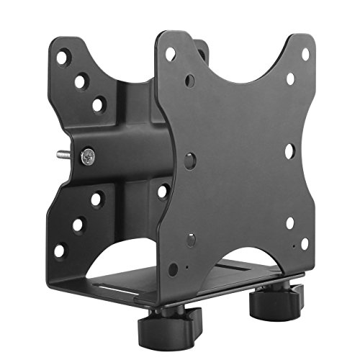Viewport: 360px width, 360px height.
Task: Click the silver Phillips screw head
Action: point(88,154)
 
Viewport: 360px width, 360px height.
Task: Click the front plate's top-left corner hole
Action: point(171,53)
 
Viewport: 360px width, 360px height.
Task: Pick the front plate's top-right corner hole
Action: point(305,54)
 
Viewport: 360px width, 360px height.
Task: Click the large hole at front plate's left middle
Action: point(189,160)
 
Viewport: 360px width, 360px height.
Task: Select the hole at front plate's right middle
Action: point(289,151)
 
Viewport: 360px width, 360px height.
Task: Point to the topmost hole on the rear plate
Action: point(64,56)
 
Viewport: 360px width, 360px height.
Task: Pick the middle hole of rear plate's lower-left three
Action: point(78,224)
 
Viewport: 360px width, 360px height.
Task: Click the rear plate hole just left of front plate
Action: point(163,192)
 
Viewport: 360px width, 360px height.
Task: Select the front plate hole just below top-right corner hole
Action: point(290,78)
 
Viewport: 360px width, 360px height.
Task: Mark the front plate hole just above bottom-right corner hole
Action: point(289,222)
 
